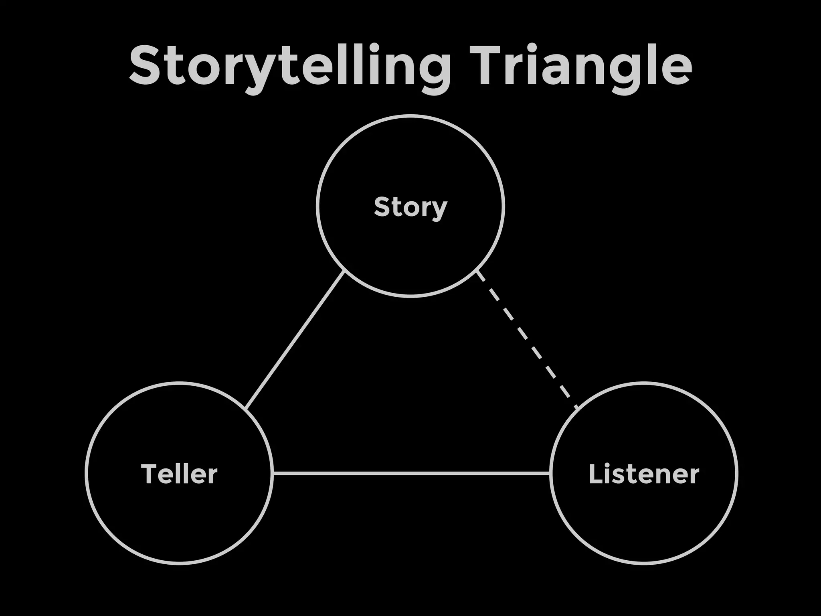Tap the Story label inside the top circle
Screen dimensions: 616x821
(x=410, y=207)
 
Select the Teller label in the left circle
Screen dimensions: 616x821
(x=179, y=474)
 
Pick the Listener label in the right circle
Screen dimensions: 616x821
(x=644, y=474)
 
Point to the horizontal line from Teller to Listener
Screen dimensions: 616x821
(x=411, y=473)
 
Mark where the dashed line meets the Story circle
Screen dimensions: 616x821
(x=477, y=272)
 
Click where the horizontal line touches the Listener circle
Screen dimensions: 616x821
(x=550, y=473)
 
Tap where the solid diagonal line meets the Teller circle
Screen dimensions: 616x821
(x=246, y=409)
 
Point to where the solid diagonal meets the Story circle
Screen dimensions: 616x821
(x=344, y=272)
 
